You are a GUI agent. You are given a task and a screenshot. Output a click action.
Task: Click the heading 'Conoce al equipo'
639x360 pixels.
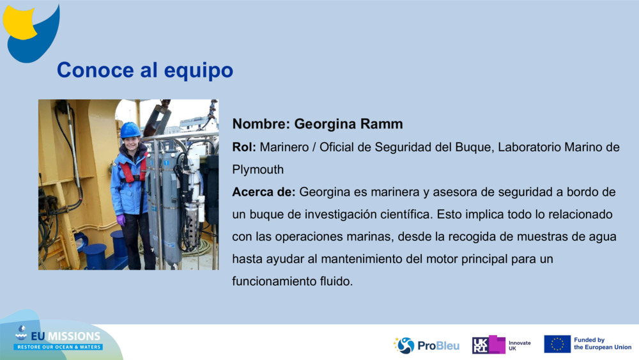click(x=145, y=70)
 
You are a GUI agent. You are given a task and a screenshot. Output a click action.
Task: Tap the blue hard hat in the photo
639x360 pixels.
click(x=130, y=130)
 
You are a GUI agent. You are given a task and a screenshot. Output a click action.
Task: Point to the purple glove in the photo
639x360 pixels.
click(x=121, y=220)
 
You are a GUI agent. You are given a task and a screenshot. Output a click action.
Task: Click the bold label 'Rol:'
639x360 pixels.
click(x=244, y=147)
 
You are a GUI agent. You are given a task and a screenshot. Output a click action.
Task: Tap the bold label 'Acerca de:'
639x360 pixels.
click(x=264, y=192)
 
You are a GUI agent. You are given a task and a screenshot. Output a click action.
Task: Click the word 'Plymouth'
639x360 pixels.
click(x=258, y=169)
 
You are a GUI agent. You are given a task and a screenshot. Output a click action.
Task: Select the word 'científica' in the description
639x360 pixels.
click(x=400, y=214)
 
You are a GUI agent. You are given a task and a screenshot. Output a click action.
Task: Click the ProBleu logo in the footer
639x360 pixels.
click(x=426, y=345)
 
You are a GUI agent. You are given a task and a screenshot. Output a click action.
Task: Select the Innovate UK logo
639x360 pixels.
click(x=502, y=345)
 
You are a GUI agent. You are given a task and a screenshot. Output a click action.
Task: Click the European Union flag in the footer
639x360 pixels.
click(x=557, y=344)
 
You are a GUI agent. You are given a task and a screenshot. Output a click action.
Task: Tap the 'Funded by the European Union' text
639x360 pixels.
click(x=602, y=344)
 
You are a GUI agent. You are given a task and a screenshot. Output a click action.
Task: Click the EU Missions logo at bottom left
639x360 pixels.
click(x=58, y=338)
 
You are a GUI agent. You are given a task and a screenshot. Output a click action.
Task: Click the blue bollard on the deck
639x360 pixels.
click(x=95, y=256)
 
